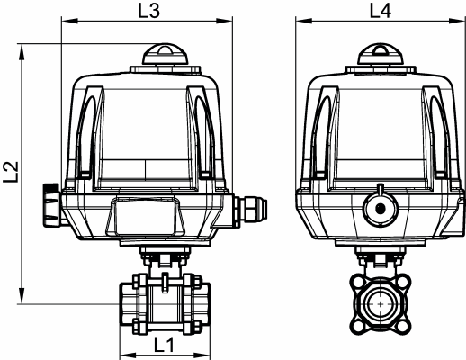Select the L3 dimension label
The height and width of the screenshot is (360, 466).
149,13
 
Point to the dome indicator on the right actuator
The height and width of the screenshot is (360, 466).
380,53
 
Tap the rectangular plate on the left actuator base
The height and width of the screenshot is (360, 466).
145,217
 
